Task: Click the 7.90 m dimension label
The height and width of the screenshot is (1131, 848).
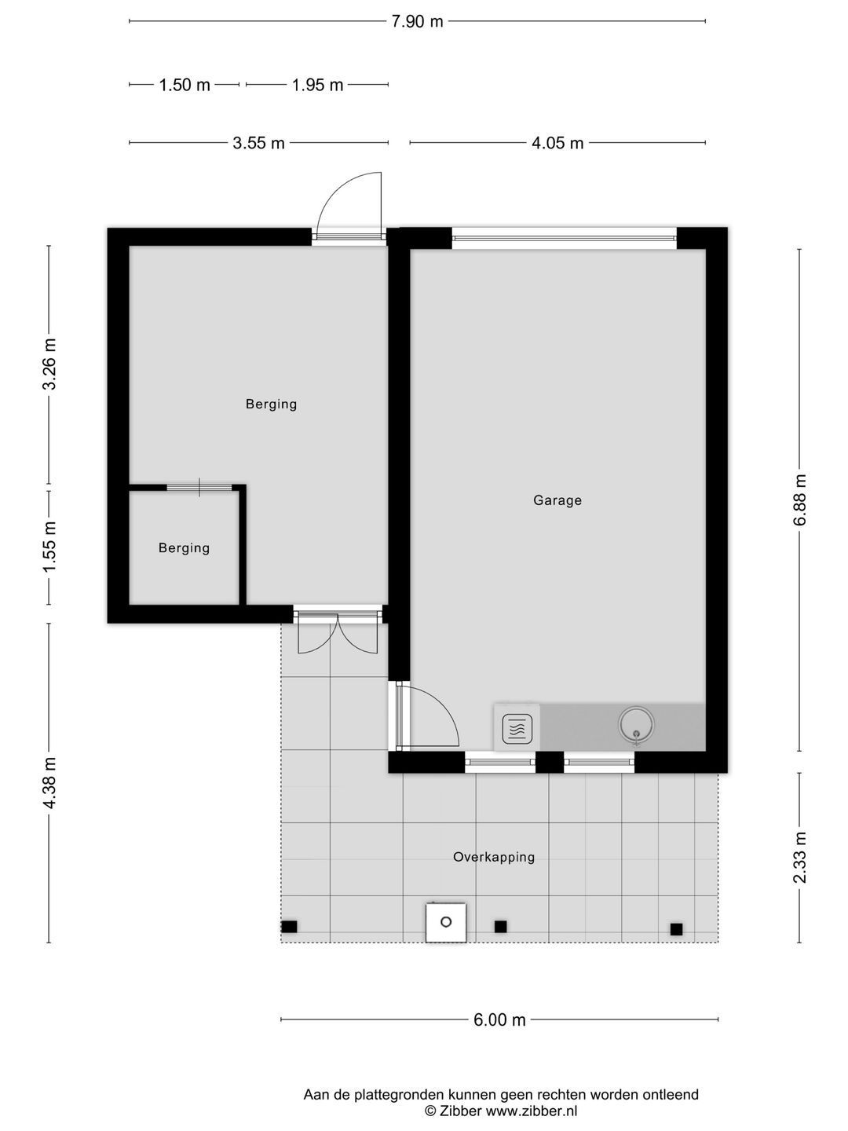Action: (x=417, y=22)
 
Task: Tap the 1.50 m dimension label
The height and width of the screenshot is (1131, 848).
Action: (x=185, y=85)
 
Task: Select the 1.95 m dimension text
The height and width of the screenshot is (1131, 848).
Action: (x=317, y=85)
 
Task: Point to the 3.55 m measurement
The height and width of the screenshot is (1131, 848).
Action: (x=258, y=143)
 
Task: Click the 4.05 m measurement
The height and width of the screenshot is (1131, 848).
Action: (x=557, y=143)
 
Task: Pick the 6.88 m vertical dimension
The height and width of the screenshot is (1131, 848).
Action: (x=799, y=500)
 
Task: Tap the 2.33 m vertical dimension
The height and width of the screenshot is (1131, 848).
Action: (x=799, y=858)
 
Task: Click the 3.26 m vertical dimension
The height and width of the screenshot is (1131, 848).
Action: (x=49, y=364)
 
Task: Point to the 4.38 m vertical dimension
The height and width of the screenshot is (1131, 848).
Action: (x=49, y=783)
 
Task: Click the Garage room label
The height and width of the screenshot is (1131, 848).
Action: (x=557, y=500)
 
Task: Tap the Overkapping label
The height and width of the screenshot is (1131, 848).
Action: (x=494, y=857)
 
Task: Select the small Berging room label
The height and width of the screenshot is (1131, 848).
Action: (x=185, y=547)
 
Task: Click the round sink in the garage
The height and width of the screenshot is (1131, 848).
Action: (x=636, y=724)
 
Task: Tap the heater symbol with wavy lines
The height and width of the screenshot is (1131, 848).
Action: (x=517, y=729)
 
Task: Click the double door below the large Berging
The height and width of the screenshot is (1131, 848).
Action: (x=338, y=634)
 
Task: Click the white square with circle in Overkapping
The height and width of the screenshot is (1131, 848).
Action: (x=446, y=922)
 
